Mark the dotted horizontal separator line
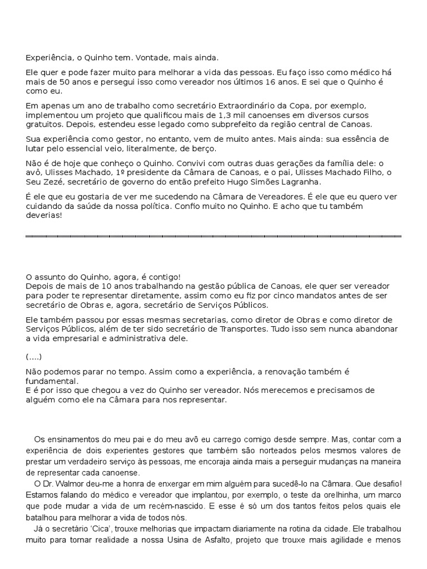coord(213,236)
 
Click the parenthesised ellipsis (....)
coord(33,356)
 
